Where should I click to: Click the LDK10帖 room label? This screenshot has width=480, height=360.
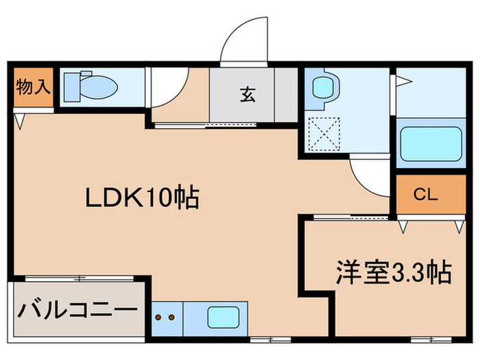tap(141, 198)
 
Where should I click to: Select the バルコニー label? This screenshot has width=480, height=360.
tap(77, 310)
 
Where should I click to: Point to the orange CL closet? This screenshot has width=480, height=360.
tap(425, 194)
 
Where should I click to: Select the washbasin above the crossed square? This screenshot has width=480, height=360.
tap(322, 87)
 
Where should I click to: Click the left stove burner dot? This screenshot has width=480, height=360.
tap(158, 318)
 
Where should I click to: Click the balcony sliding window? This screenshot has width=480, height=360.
tap(79, 278)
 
